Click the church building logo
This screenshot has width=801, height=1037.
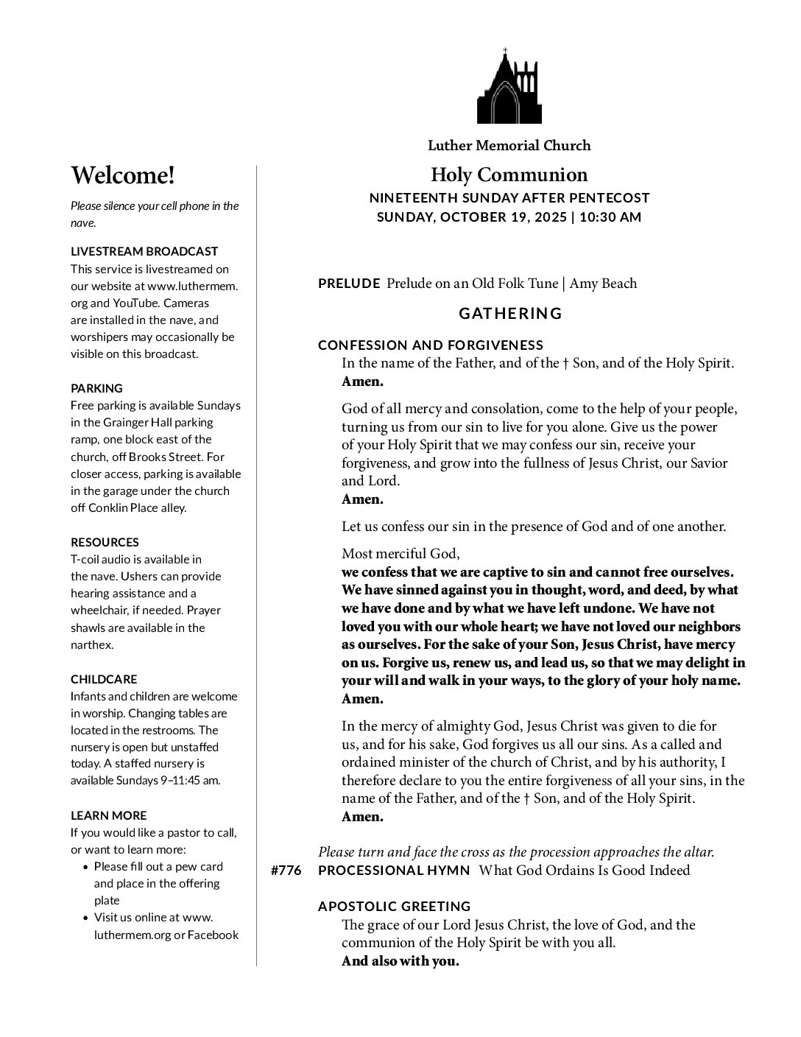point(509,87)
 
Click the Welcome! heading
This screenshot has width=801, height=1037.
point(123,175)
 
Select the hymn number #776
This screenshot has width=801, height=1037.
point(286,871)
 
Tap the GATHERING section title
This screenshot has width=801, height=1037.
point(510,314)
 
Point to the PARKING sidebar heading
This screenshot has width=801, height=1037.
point(96,388)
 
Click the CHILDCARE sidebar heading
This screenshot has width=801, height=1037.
point(104,679)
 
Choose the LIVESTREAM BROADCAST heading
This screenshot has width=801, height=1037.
point(144,252)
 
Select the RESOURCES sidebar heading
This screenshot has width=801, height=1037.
point(105,542)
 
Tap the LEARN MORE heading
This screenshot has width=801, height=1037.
point(108,815)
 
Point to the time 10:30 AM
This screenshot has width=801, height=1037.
point(610,217)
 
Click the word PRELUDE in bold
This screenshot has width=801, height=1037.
point(349,284)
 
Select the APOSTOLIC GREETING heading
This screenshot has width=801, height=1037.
point(394,907)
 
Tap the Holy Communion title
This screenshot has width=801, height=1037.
point(509,175)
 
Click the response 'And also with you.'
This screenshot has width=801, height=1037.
point(400,961)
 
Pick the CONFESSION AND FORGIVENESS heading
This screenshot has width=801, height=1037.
point(431,345)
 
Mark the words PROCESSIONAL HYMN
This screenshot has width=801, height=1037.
point(394,871)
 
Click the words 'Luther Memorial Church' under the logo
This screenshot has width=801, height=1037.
point(509,145)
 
